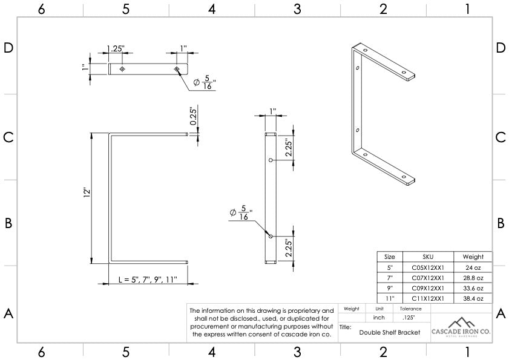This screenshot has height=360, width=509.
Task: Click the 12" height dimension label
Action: (x=87, y=193)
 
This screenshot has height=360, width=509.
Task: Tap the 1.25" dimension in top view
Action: (x=116, y=48)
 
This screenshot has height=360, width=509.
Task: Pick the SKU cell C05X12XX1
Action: (x=428, y=267)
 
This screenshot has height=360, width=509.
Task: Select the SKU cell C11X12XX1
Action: (x=428, y=298)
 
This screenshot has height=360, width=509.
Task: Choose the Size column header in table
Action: (x=389, y=257)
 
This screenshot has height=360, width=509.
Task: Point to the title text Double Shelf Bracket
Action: (x=389, y=332)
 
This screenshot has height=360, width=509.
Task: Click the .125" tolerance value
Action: (x=408, y=318)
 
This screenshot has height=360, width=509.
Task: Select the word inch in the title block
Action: (x=379, y=318)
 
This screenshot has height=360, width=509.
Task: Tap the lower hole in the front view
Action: (x=271, y=236)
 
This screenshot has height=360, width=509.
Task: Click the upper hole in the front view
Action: (x=271, y=160)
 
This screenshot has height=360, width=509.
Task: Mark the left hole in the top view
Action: (x=122, y=70)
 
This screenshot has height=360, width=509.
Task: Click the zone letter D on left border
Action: (x=8, y=48)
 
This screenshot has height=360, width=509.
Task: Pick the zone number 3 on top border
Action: (x=297, y=8)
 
